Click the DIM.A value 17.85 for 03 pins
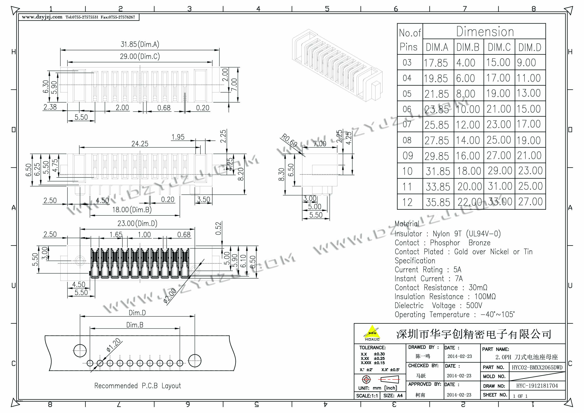(436, 63)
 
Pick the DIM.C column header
(499, 47)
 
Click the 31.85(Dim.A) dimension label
(140, 44)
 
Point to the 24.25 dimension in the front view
(140, 144)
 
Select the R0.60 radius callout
(289, 140)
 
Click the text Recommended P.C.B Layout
(138, 386)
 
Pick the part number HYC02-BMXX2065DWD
(537, 367)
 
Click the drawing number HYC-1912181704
(537, 386)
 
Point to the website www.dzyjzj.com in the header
(42, 17)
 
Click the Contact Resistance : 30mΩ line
(441, 287)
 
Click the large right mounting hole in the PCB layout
(195, 360)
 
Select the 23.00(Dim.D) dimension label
(137, 223)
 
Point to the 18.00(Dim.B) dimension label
(132, 210)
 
